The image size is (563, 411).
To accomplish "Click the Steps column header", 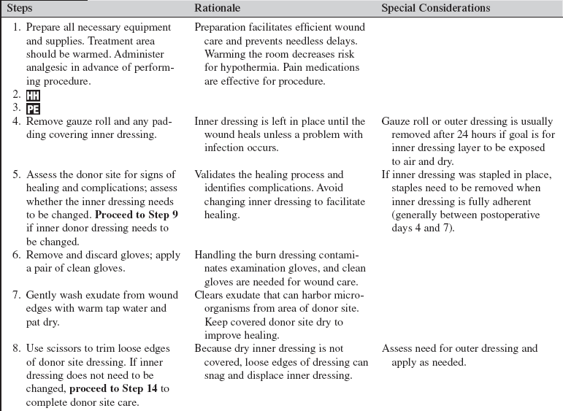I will coord(20,8).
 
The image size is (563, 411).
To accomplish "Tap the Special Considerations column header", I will coord(436,8).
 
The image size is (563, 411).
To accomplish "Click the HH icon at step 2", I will coord(33,96).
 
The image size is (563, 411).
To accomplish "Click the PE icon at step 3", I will coord(33,108).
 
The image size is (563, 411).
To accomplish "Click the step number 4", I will coord(16,121).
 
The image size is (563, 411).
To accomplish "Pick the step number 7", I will coord(16,296).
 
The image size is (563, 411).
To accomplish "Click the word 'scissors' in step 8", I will coord(66,349).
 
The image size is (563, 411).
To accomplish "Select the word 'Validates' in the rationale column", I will coord(217,174).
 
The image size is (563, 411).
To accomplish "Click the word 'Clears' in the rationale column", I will coord(210,295).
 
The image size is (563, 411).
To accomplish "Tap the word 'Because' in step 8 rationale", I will coord(215,349).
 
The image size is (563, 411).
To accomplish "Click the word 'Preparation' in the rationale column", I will coord(221,28).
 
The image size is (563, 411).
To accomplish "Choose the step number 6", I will coord(16,256).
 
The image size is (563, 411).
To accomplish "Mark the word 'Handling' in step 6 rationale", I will coord(215,256).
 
